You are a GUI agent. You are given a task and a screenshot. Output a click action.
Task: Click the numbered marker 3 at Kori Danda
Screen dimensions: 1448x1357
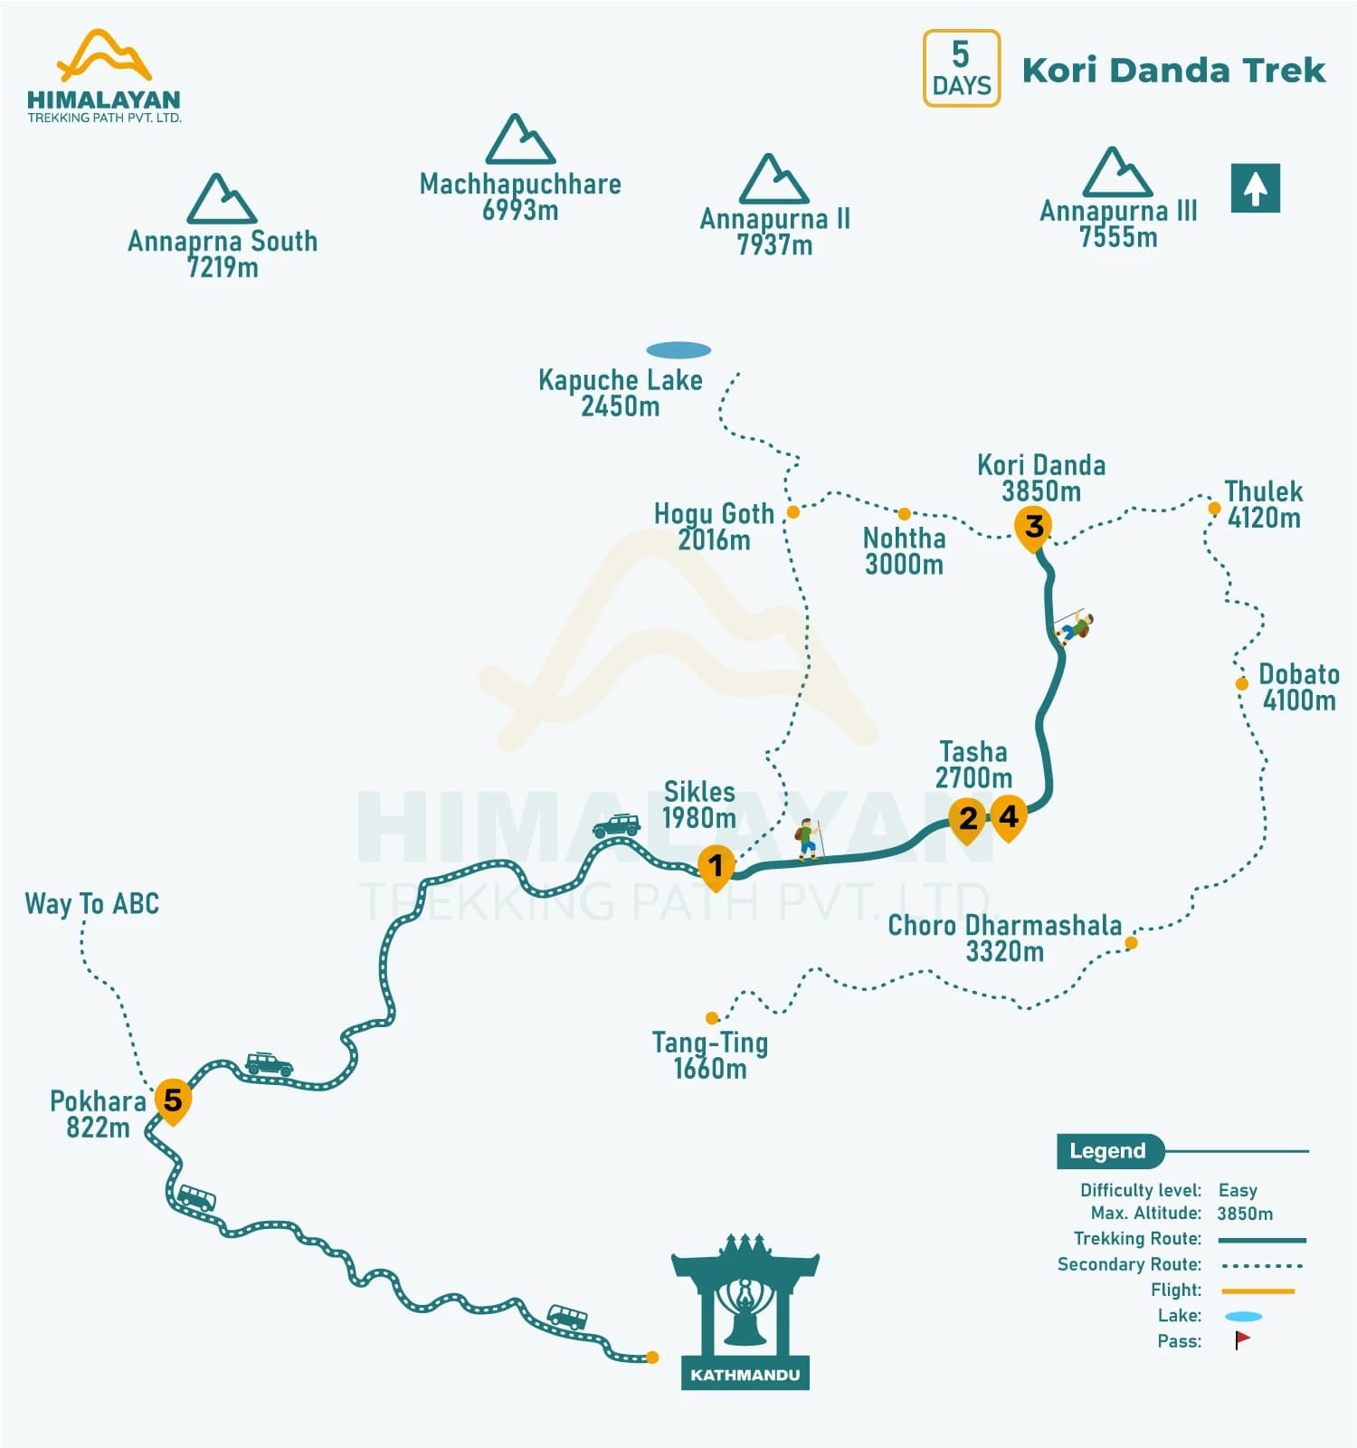click(x=1033, y=527)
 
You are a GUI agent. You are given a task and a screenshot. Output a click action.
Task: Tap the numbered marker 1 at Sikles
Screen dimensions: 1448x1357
click(x=716, y=866)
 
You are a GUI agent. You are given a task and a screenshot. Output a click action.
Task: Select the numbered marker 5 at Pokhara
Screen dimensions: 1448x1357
click(x=172, y=1100)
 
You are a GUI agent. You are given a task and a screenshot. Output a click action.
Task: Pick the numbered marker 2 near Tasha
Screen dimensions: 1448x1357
click(x=967, y=818)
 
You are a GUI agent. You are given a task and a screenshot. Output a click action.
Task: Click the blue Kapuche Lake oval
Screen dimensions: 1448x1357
click(x=678, y=350)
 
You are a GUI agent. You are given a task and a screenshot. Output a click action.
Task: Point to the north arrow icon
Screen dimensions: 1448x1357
click(x=1255, y=188)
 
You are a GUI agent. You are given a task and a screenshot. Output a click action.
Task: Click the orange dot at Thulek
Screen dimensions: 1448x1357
click(x=1214, y=509)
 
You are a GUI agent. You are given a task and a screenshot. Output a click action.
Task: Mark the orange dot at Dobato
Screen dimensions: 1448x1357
click(x=1242, y=683)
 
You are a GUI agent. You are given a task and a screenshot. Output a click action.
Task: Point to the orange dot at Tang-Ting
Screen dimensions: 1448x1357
click(x=712, y=1018)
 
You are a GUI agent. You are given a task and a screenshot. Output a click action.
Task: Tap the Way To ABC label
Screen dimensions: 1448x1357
click(x=91, y=903)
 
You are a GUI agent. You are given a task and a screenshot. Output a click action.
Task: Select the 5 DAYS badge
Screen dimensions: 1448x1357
click(x=961, y=69)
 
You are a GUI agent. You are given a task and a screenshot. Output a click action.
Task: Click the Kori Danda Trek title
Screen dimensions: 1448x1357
click(x=1173, y=71)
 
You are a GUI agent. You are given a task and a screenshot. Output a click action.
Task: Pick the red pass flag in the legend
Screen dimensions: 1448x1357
click(x=1242, y=1339)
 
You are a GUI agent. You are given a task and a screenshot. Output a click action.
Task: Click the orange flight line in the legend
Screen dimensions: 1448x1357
click(x=1257, y=1291)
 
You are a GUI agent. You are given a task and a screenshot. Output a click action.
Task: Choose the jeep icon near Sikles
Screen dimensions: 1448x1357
click(x=617, y=825)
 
